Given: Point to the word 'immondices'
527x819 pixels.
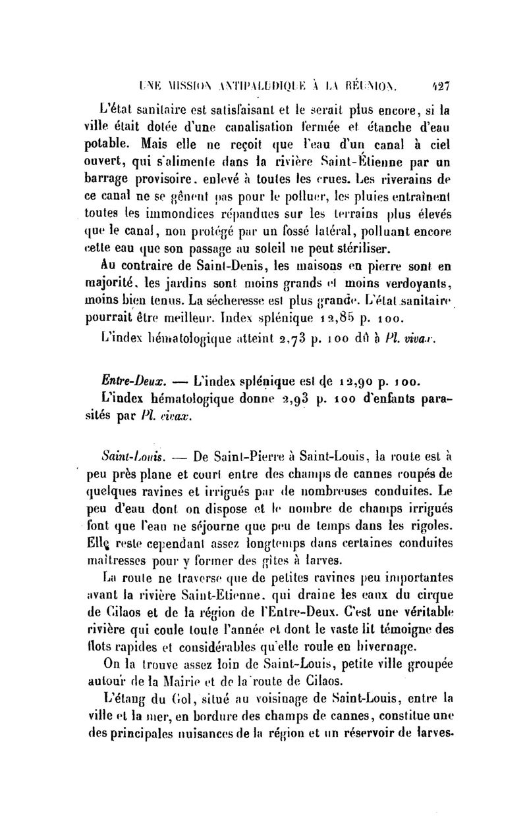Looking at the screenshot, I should click(x=171, y=212).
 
